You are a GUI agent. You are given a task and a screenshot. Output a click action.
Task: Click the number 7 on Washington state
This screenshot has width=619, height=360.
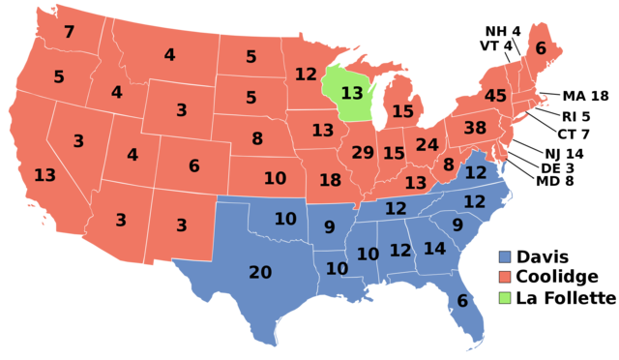[x=69, y=32]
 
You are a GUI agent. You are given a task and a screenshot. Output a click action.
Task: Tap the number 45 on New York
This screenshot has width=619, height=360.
[x=495, y=96]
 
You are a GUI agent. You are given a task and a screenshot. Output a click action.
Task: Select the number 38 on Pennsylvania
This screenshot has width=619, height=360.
[x=475, y=128]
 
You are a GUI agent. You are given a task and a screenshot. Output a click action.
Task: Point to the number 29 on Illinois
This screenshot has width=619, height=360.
[x=363, y=152]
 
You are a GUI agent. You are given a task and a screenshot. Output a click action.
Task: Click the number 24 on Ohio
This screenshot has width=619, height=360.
[x=427, y=144]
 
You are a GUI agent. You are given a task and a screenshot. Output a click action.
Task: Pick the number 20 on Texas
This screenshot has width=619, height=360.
[x=260, y=273]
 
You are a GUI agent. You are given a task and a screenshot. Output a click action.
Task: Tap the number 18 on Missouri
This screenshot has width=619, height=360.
[x=330, y=180]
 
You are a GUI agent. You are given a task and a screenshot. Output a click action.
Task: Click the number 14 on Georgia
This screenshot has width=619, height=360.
[x=434, y=249]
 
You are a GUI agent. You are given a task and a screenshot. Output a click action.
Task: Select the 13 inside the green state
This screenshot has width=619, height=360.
[x=352, y=93]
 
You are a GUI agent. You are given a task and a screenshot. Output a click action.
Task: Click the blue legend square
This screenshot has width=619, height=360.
[x=505, y=256]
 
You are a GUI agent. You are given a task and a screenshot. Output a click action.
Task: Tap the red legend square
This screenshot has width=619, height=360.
[x=505, y=277]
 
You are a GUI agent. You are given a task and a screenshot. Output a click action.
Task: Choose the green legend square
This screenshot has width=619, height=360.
[x=505, y=297]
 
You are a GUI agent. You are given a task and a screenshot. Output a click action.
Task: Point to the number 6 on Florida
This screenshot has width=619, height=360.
[x=462, y=301]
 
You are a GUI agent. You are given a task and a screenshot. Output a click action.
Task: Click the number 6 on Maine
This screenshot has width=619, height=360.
[x=541, y=48]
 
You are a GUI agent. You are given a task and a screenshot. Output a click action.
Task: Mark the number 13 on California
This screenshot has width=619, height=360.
[x=44, y=175]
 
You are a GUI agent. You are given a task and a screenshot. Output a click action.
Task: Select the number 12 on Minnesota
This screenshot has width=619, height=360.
[x=306, y=74]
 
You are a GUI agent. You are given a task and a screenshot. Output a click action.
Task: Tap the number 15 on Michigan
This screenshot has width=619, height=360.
[x=402, y=111]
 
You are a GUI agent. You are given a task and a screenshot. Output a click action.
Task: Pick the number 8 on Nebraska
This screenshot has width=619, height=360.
[x=257, y=138]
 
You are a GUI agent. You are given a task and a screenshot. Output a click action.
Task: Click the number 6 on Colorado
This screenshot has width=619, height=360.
[x=193, y=166]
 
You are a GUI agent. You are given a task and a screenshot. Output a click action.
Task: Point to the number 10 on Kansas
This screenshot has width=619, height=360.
[x=275, y=178]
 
